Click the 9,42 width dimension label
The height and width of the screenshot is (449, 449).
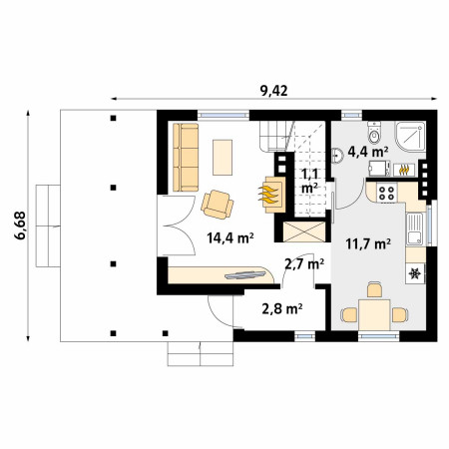pyautogui.click(x=273, y=91)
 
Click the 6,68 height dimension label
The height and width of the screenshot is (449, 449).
pyautogui.click(x=20, y=225)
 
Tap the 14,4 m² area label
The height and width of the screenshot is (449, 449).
pyautogui.click(x=230, y=238)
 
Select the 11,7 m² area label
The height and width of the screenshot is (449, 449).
pyautogui.click(x=368, y=243)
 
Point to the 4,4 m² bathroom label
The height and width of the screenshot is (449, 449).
pyautogui.click(x=368, y=152)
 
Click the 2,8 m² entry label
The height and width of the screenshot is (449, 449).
pyautogui.click(x=282, y=309)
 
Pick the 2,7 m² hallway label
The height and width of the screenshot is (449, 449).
pyautogui.click(x=304, y=264)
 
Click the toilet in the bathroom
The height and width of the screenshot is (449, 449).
pyautogui.click(x=374, y=133)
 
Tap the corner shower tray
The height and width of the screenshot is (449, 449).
pyautogui.click(x=410, y=137)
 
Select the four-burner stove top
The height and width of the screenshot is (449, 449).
pyautogui.click(x=386, y=193)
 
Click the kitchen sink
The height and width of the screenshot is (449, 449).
pyautogui.click(x=415, y=229)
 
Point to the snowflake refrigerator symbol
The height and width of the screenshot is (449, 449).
pyautogui.click(x=415, y=273)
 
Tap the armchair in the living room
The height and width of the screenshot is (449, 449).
pyautogui.click(x=218, y=205)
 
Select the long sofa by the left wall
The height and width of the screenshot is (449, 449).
pyautogui.click(x=186, y=158)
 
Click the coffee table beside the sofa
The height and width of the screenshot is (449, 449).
pyautogui.click(x=223, y=158)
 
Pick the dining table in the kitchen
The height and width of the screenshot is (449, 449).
pyautogui.click(x=374, y=314)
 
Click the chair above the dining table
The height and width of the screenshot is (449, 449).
pyautogui.click(x=374, y=289)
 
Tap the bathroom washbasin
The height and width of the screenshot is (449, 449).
pyautogui.click(x=337, y=156)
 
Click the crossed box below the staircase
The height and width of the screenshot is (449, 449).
pyautogui.click(x=304, y=231)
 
